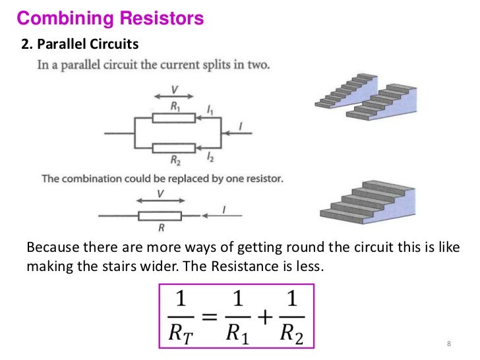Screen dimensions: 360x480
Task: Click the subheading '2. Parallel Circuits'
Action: pyautogui.click(x=81, y=45)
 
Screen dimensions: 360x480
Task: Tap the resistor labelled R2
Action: pyautogui.click(x=173, y=148)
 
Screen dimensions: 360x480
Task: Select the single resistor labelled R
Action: pyautogui.click(x=160, y=216)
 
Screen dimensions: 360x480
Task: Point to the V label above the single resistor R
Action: pyautogui.click(x=160, y=193)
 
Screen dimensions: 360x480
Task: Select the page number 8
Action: pyautogui.click(x=448, y=345)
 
